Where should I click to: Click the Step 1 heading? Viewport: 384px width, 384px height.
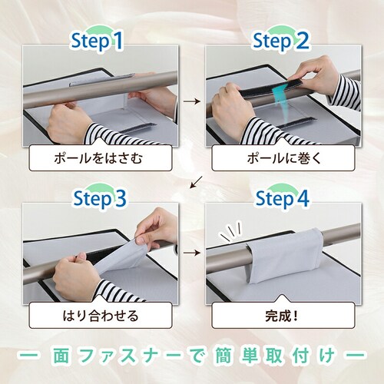[98, 41]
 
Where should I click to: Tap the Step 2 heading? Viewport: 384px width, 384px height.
[281, 41]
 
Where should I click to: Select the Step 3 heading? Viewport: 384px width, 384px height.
[100, 198]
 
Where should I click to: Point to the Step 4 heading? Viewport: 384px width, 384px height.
[283, 198]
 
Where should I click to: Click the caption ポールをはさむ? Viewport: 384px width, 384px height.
[98, 159]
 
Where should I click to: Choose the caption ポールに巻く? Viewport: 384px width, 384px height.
[284, 159]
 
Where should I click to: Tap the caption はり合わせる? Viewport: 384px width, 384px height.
[101, 316]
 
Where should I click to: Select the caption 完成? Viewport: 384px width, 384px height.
[282, 316]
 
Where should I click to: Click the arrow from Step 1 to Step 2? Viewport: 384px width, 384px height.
[192, 101]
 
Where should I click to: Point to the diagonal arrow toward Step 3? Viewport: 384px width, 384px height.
[196, 182]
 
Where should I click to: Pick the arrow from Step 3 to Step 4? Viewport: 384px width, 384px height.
[192, 253]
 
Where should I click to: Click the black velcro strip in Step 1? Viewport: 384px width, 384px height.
[137, 127]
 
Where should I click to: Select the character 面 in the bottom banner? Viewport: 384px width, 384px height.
[61, 355]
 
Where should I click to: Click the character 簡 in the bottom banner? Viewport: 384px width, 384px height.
[222, 355]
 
